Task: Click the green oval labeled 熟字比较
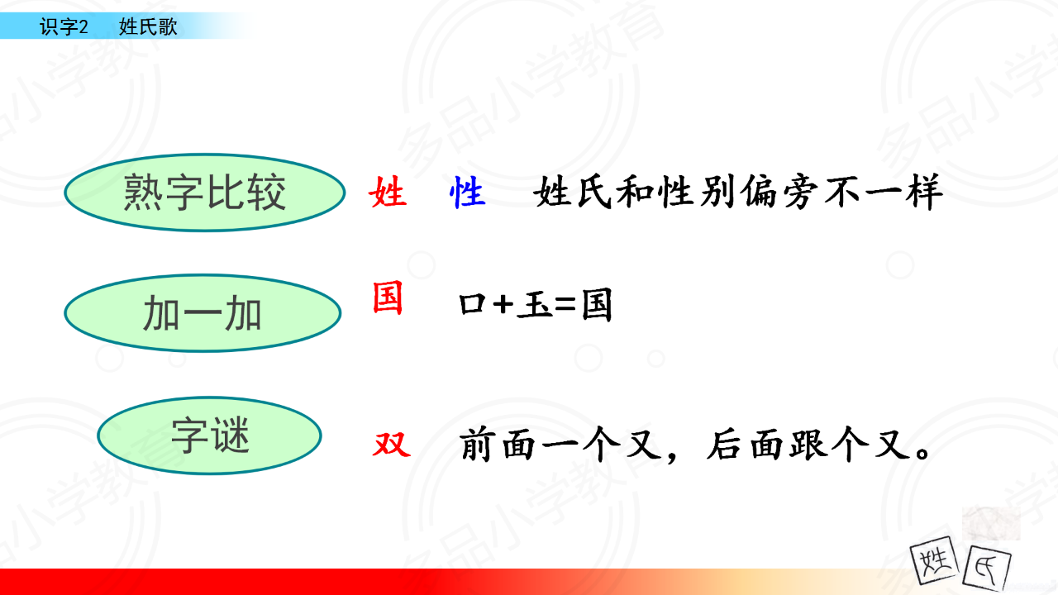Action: pos(204,193)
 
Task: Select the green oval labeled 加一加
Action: pos(203,313)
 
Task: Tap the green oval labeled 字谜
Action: pos(209,436)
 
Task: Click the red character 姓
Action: pos(388,192)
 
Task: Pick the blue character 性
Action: pos(467,192)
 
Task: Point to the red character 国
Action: pos(388,297)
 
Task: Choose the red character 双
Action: pos(392,445)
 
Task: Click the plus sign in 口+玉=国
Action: pos(503,304)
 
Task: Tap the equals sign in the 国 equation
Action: pos(565,304)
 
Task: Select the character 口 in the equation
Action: pos(472,304)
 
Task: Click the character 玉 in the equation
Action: pos(534,305)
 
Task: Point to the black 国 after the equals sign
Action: pos(597,305)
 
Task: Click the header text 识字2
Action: pos(64,26)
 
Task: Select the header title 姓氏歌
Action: pos(148,26)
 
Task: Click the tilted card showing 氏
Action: pos(987,569)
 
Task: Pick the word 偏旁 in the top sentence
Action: pos(779,193)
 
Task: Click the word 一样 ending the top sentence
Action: pos(903,193)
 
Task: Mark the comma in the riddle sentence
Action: pos(672,457)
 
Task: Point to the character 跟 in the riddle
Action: pos(809,445)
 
